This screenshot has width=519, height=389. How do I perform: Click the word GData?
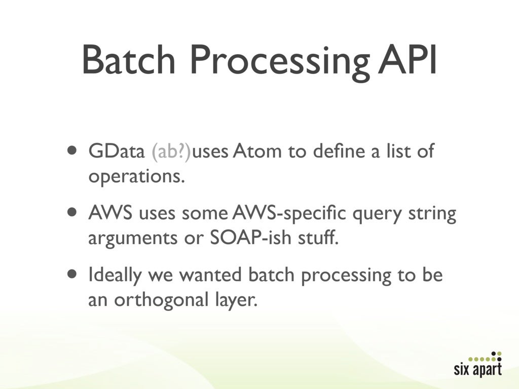coord(117,151)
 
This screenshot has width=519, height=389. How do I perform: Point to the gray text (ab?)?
coord(171,152)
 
